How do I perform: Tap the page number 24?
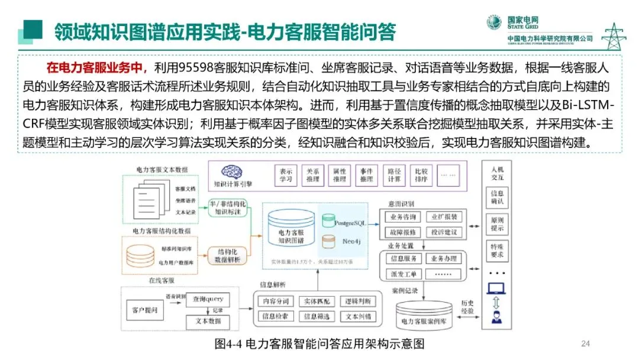pos(586,343)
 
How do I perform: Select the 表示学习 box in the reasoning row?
pos(286,175)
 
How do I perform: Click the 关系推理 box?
pos(313,175)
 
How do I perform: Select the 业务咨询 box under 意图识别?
pos(404,217)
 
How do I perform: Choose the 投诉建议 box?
pos(444,232)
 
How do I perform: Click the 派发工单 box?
pos(404,274)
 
